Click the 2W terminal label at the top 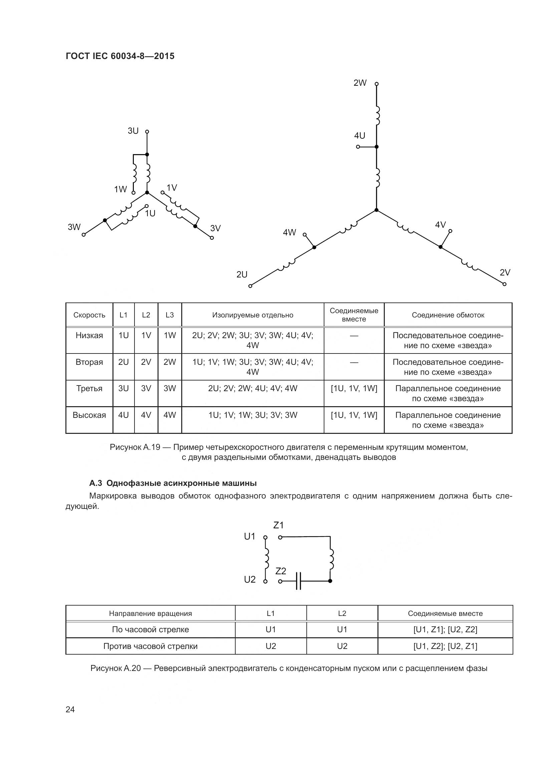[360, 83]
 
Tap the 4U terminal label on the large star [360, 136]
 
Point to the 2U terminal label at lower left [242, 274]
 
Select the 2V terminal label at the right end [505, 272]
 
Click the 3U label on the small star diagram [133, 131]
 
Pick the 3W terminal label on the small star [74, 227]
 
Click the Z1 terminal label [278, 526]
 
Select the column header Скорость [89, 315]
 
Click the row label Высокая [89, 415]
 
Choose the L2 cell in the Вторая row [146, 362]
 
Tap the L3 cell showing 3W [170, 388]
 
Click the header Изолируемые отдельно [253, 315]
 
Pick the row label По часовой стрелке [150, 630]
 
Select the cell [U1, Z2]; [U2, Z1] [445, 646]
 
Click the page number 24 [70, 709]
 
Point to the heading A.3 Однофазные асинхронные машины [173, 483]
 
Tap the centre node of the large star [376, 210]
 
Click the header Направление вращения [150, 614]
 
